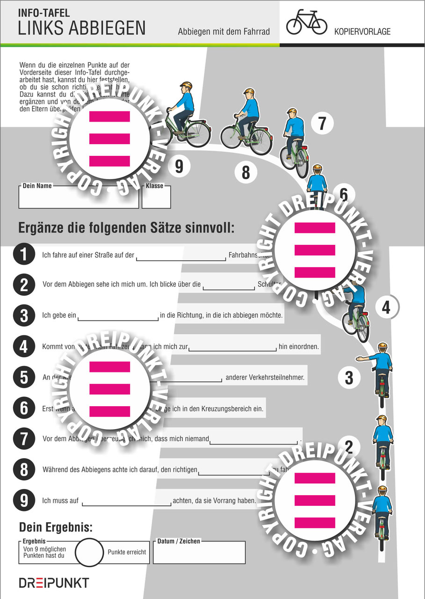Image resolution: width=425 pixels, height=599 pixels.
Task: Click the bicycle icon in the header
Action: tap(306, 22)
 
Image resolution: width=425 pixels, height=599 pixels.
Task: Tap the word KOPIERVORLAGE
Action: tap(362, 32)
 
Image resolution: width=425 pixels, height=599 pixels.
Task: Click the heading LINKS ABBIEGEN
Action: tap(82, 29)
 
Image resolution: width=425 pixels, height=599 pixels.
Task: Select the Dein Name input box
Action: tap(79, 198)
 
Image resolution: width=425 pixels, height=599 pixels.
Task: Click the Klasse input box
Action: tap(156, 198)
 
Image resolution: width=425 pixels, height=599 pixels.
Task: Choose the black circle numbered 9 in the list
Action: tap(24, 500)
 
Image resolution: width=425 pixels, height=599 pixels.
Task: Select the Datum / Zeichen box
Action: tap(199, 554)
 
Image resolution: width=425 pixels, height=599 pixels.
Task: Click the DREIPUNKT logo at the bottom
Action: tap(54, 583)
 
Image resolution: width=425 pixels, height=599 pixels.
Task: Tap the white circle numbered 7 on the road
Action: tap(322, 124)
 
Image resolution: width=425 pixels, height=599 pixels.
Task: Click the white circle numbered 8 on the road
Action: tap(246, 173)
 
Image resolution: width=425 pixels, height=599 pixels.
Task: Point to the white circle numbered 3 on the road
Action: tap(349, 377)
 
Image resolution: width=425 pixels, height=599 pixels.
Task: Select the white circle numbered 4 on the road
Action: tap(385, 307)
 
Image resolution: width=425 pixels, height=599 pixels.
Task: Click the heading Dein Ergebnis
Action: tap(56, 527)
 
